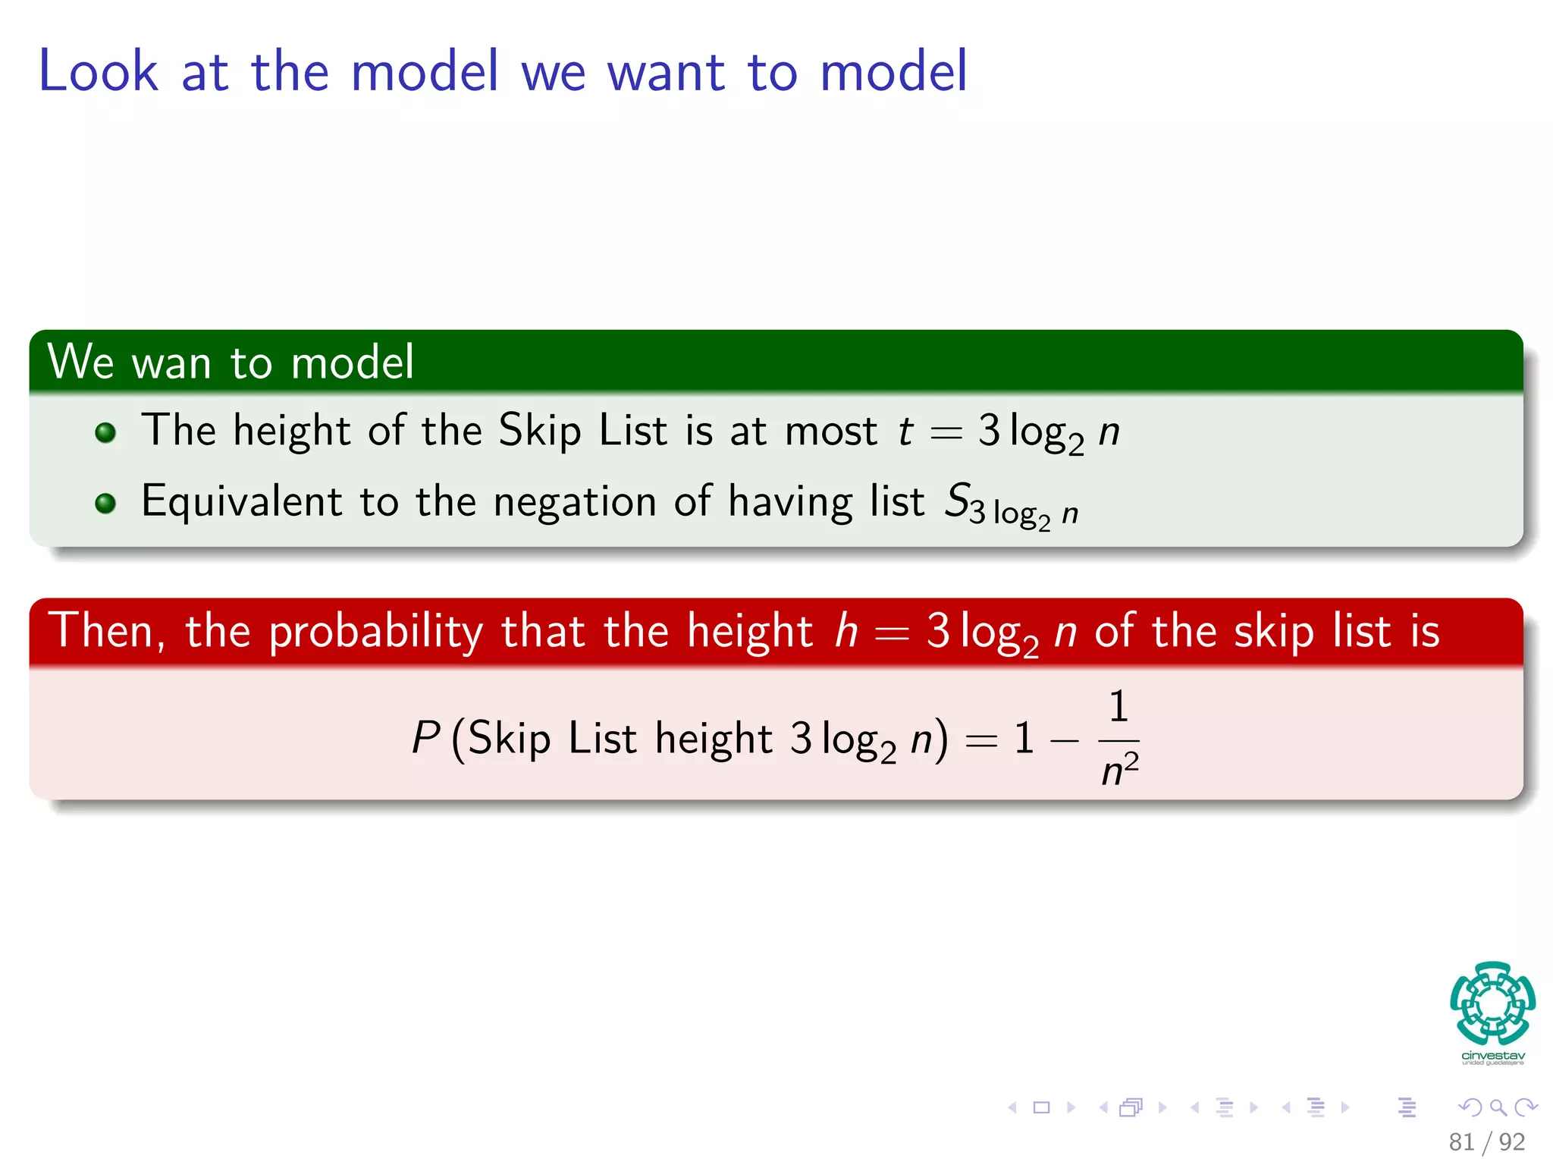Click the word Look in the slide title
pyautogui.click(x=99, y=71)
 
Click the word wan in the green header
pyautogui.click(x=171, y=363)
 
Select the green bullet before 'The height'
pyautogui.click(x=105, y=433)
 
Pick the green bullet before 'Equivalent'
pyautogui.click(x=105, y=504)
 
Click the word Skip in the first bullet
pyautogui.click(x=540, y=431)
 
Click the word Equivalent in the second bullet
pyautogui.click(x=241, y=502)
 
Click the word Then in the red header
pyautogui.click(x=106, y=631)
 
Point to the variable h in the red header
pyautogui.click(x=846, y=631)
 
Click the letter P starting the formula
pyautogui.click(x=425, y=737)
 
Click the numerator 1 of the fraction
pyautogui.click(x=1118, y=707)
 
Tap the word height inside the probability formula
pyautogui.click(x=713, y=739)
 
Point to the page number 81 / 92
pyautogui.click(x=1486, y=1141)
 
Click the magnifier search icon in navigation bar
pyautogui.click(x=1498, y=1107)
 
